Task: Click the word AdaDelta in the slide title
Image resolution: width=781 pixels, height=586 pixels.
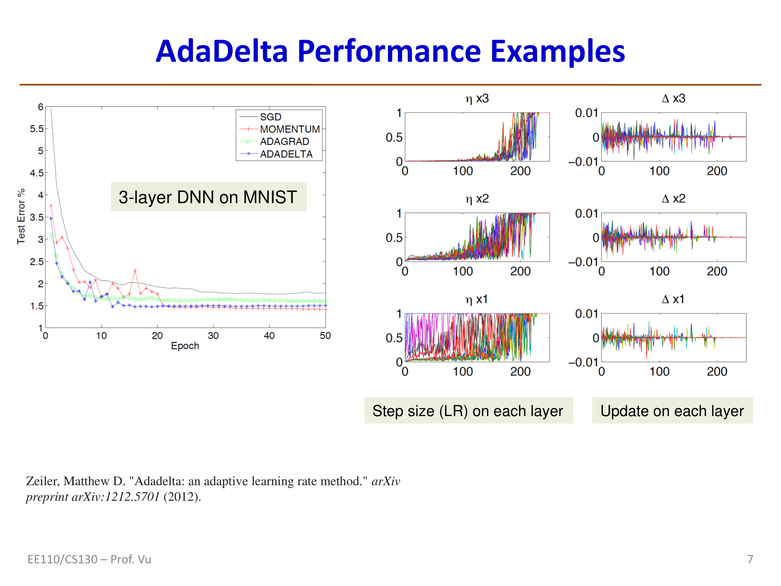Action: point(222,51)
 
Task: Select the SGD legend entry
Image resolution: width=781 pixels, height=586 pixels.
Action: point(270,117)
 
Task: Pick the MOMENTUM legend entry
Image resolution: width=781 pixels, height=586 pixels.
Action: point(289,129)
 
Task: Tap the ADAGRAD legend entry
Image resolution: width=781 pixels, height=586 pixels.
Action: point(284,141)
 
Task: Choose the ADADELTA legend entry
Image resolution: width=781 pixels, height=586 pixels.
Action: point(286,154)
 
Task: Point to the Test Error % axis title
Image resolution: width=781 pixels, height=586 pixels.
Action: point(21,216)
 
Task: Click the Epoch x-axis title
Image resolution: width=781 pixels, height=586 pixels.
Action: point(185,346)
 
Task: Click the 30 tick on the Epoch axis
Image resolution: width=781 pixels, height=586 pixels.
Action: point(213,336)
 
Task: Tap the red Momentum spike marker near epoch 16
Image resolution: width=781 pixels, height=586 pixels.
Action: point(135,270)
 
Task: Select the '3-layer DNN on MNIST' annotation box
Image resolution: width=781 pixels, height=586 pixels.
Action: point(209,197)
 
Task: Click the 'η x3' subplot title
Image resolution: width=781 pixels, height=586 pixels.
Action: point(477,98)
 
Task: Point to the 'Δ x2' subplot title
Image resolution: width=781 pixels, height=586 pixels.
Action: point(673,199)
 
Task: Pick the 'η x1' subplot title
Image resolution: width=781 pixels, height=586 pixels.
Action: point(476,299)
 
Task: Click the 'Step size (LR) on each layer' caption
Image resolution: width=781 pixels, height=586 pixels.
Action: point(468,411)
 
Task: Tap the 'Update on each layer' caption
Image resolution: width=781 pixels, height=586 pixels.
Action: point(672,411)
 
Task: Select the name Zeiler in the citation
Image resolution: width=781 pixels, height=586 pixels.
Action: point(42,481)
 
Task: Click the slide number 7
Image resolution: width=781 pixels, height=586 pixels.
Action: point(750,559)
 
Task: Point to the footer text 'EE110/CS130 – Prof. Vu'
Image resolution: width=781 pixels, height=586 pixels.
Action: point(89,559)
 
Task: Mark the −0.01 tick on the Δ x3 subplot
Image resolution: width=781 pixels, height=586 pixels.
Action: point(583,161)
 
